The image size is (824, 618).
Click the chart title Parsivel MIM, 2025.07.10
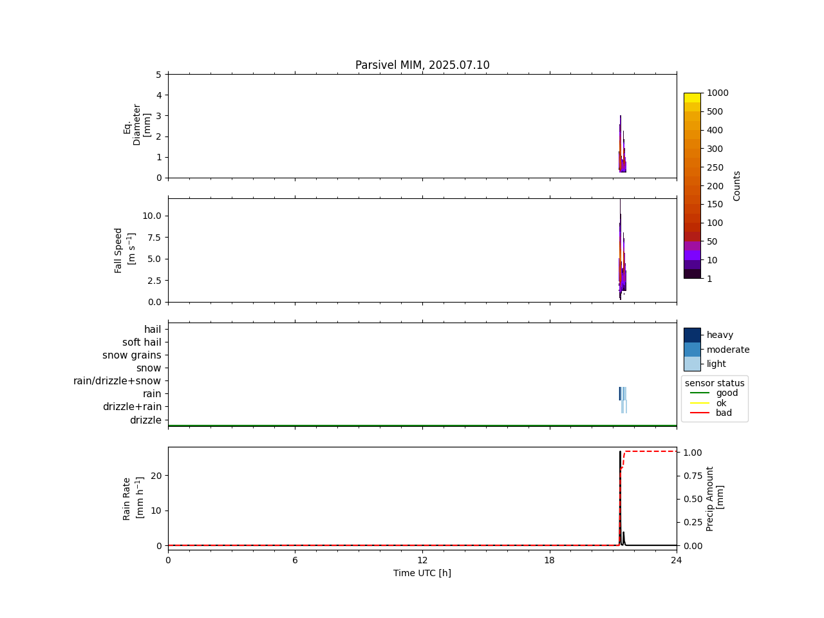[x=422, y=65]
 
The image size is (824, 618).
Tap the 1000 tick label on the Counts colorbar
[x=718, y=93]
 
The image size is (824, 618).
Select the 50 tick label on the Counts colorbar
[x=712, y=241]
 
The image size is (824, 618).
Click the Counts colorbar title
[x=737, y=185]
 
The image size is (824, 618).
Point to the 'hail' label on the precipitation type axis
[x=153, y=330]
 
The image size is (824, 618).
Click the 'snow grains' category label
[x=132, y=355]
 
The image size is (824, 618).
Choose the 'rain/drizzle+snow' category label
[x=117, y=381]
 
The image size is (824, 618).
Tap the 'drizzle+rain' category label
[x=132, y=407]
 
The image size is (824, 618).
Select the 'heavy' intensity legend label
[x=720, y=335]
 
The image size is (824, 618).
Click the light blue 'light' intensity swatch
[x=692, y=364]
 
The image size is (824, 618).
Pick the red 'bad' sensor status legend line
[x=700, y=413]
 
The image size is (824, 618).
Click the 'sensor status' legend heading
[x=715, y=383]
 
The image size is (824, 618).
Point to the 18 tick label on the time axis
[x=549, y=560]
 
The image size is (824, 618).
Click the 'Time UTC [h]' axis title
[x=422, y=573]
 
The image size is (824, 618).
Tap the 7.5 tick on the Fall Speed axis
[x=151, y=237]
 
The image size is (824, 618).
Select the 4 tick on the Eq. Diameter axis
[x=158, y=95]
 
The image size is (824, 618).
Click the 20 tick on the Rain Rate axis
[x=156, y=475]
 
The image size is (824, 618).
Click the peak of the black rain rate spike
[x=620, y=452]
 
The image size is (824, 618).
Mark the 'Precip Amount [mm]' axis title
[x=715, y=498]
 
